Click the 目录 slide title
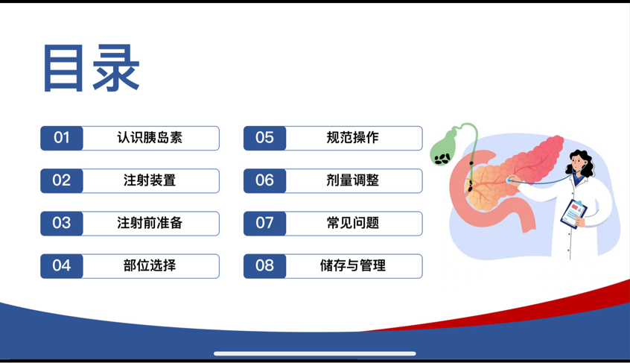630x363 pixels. coord(91,68)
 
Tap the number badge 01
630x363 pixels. coord(62,138)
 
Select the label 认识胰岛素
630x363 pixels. coord(150,137)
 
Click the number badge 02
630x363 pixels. coord(62,180)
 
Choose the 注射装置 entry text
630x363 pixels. coord(150,180)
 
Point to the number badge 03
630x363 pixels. coord(62,223)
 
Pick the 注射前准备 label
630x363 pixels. coord(150,223)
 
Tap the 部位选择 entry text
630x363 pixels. coord(150,265)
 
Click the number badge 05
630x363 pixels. coord(264,138)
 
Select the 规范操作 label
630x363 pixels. coord(352,137)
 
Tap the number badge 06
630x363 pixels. coord(264,180)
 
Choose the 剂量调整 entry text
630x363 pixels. coord(352,180)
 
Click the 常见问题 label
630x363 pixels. coord(352,223)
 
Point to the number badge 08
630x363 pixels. coord(264,265)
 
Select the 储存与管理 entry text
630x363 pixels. coord(352,265)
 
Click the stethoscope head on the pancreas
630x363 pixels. coord(509,180)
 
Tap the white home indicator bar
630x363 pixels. coord(314,354)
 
